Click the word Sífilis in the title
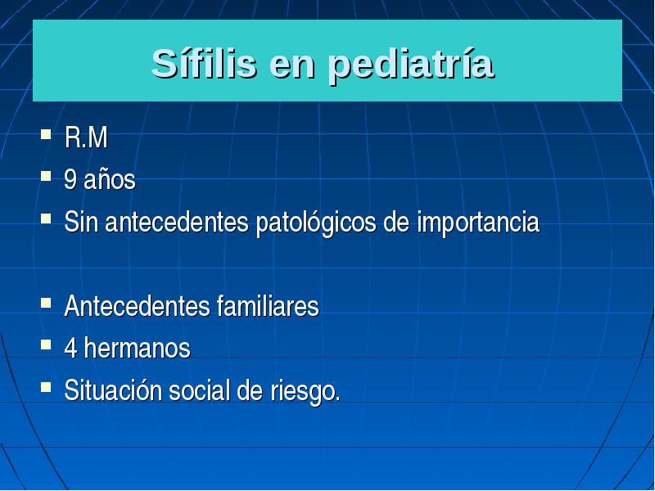(204, 64)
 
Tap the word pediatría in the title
(411, 65)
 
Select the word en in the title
(292, 68)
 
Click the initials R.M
(86, 137)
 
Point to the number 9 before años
(70, 179)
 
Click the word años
(110, 180)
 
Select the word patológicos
(316, 223)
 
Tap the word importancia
(478, 223)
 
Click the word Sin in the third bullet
(81, 222)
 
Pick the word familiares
(268, 306)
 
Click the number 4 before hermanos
(70, 348)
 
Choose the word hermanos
(137, 348)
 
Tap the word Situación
(113, 390)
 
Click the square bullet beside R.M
(46, 134)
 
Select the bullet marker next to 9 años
(46, 176)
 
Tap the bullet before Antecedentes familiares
(46, 303)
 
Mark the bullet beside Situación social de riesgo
(46, 386)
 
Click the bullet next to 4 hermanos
(46, 345)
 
